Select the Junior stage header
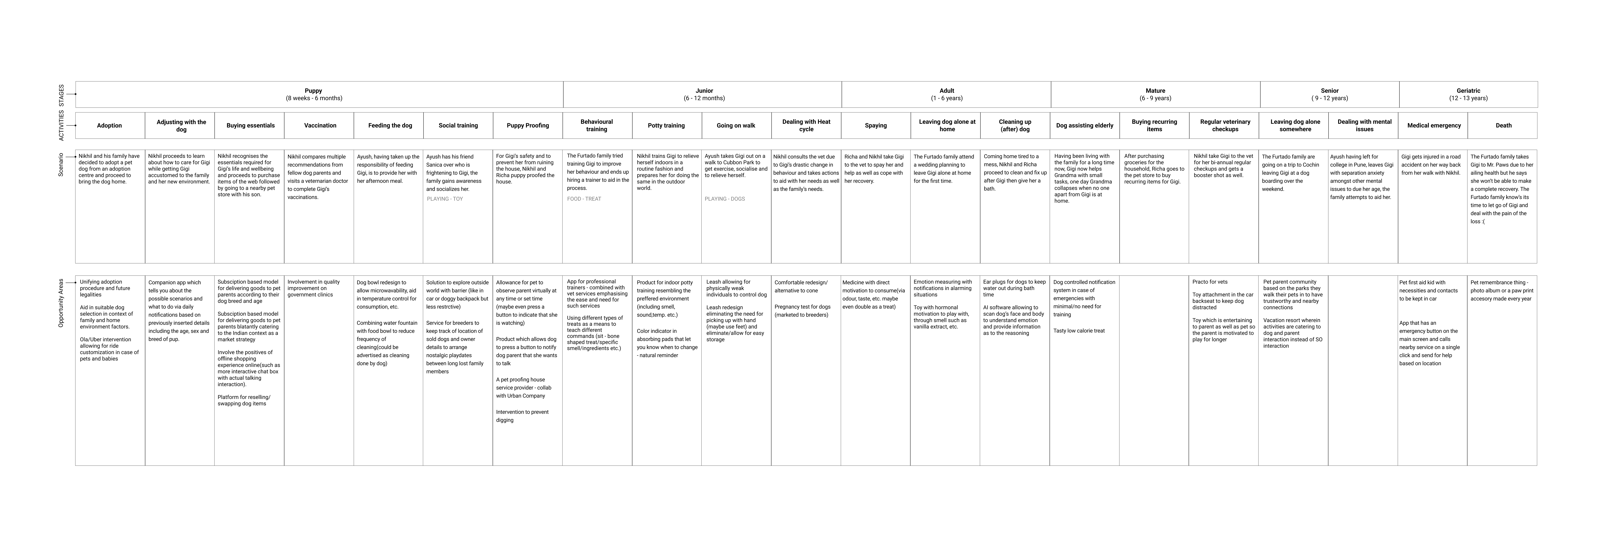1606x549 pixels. [x=704, y=94]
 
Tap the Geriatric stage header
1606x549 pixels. [x=1468, y=94]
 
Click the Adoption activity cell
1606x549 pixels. [x=110, y=125]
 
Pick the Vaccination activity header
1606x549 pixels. [x=320, y=125]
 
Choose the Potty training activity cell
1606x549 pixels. [x=666, y=125]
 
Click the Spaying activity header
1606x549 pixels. [x=875, y=125]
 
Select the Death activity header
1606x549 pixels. [x=1503, y=125]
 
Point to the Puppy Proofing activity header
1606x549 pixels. [x=527, y=125]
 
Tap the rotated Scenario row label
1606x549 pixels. [x=61, y=165]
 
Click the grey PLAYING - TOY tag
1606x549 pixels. [x=445, y=199]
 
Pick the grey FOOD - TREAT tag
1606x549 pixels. [x=584, y=199]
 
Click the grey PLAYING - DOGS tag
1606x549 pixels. [x=725, y=199]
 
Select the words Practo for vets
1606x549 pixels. [x=1210, y=282]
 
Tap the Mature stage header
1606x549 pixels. [x=1155, y=94]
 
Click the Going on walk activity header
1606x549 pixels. [x=736, y=125]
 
